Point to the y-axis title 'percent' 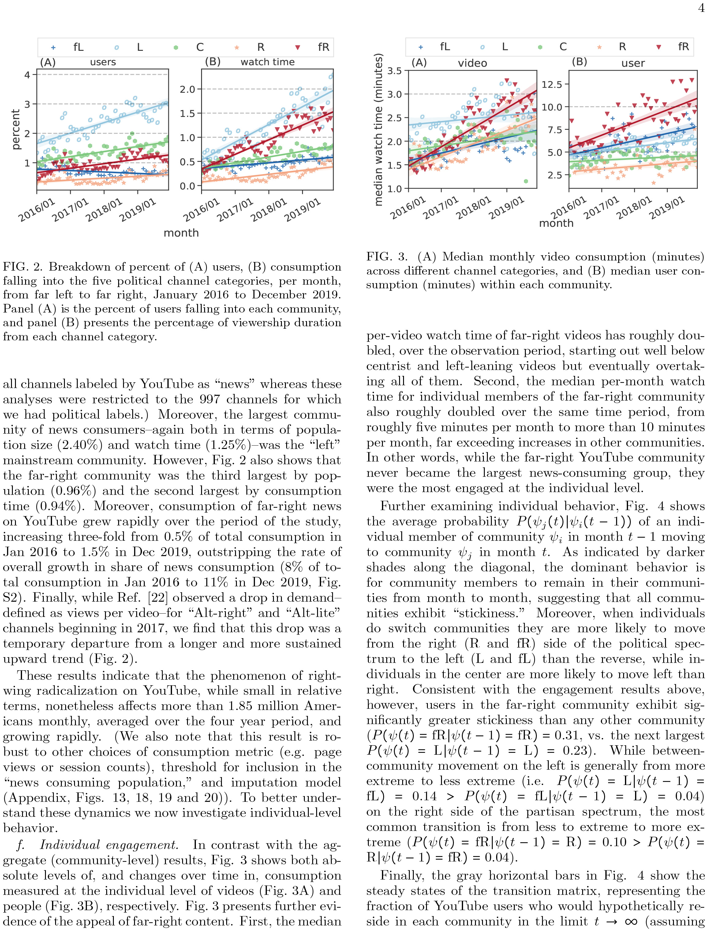pyautogui.click(x=16, y=129)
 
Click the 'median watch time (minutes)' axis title pyautogui.click(x=379, y=129)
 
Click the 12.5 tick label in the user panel pyautogui.click(x=552, y=84)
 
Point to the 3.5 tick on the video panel pyautogui.click(x=395, y=71)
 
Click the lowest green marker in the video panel pyautogui.click(x=526, y=181)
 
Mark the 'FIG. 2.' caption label pyautogui.click(x=23, y=267)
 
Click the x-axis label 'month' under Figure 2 pyautogui.click(x=181, y=233)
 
